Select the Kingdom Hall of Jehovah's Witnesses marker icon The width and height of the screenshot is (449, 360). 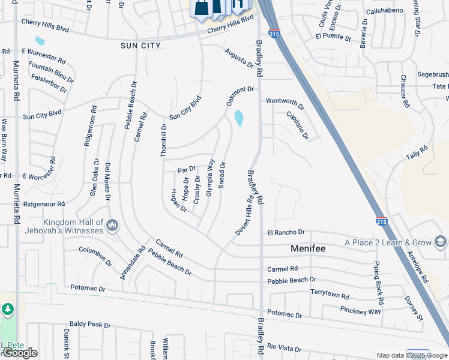112,226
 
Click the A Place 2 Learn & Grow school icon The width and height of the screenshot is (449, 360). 440,242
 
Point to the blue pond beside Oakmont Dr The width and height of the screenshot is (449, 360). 240,118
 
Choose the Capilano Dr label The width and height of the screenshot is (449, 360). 297,125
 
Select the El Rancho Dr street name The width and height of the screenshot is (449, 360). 286,232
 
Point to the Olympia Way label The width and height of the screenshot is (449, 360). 210,177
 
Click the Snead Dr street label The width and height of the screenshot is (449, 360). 222,175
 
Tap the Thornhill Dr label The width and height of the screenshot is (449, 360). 163,140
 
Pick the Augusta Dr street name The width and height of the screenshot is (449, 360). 239,59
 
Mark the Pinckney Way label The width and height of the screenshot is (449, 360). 360,311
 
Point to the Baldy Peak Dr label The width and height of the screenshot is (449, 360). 90,325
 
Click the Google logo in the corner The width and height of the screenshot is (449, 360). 20,353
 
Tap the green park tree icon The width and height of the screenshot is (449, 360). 7,310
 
